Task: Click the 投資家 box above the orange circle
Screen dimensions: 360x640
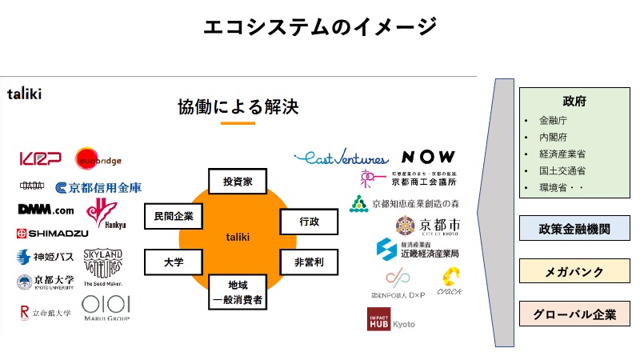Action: [238, 181]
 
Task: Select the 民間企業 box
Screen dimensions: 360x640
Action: [174, 216]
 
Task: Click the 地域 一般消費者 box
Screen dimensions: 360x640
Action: [238, 292]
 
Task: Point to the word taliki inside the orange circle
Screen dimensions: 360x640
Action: [238, 237]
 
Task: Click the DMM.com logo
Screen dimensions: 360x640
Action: [46, 210]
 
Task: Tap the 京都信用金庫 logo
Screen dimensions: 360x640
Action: [99, 187]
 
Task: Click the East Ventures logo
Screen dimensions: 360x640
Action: [341, 158]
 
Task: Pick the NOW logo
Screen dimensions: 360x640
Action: [428, 157]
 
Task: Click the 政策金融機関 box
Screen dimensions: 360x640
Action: [574, 228]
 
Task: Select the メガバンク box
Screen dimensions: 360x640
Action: [574, 271]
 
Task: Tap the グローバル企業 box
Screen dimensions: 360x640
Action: [574, 314]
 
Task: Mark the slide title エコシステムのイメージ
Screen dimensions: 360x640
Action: [319, 26]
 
